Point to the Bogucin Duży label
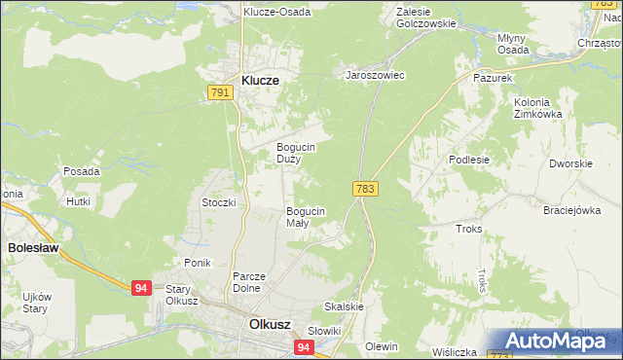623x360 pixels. click(x=294, y=153)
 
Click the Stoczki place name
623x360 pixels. click(x=219, y=202)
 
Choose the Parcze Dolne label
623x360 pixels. click(x=249, y=281)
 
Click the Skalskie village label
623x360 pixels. click(x=344, y=306)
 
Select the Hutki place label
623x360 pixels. click(x=78, y=201)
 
